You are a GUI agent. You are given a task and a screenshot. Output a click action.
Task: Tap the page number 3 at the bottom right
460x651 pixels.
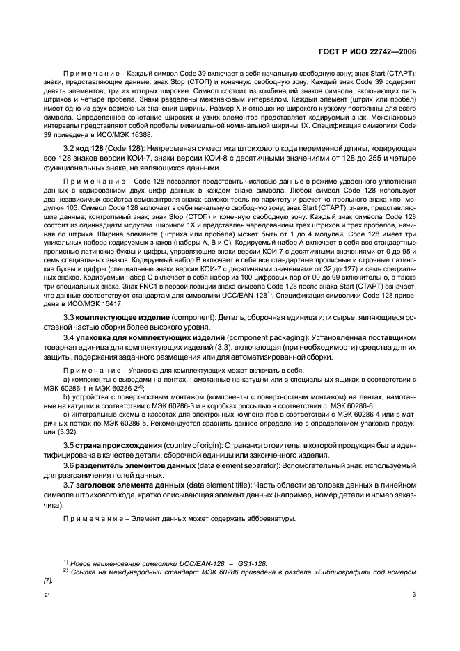414,594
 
